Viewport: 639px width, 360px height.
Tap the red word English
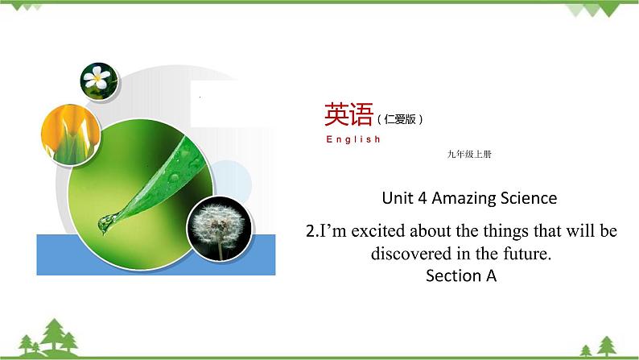(x=353, y=139)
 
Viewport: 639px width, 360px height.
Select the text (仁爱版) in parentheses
(x=399, y=119)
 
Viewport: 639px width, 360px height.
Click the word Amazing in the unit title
(x=462, y=197)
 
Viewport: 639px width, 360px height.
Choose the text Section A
(x=462, y=276)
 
